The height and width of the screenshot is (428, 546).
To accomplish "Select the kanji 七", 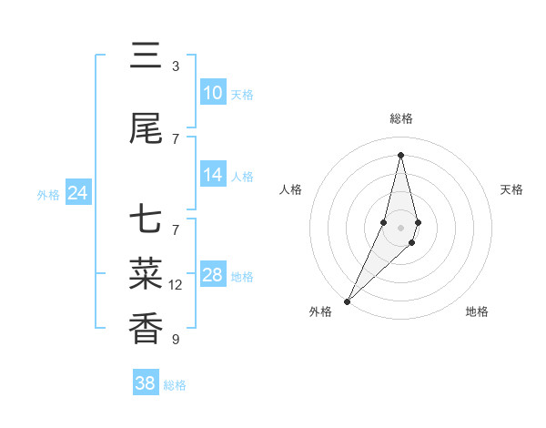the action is (x=146, y=220).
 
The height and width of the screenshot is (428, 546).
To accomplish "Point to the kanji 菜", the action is (x=146, y=274).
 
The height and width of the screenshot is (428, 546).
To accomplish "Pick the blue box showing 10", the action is (x=213, y=93).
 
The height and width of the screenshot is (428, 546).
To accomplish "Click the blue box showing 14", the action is (x=213, y=175).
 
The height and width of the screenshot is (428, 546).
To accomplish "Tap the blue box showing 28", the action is (x=213, y=275).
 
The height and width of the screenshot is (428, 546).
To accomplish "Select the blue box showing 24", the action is (x=78, y=193).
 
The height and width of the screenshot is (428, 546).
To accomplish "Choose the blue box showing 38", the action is (x=146, y=383).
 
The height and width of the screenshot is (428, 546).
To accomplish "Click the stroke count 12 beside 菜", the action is (x=176, y=285).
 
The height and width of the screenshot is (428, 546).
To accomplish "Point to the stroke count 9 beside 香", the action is (x=176, y=340).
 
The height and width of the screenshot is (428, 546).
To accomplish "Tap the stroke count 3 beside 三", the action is (x=176, y=66).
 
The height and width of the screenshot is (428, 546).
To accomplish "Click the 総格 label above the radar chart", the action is (x=400, y=118).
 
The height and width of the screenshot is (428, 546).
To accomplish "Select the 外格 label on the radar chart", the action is (x=320, y=311).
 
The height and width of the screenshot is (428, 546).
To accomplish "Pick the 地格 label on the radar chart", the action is (x=477, y=311).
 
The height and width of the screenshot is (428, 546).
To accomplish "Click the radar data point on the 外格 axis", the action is (x=347, y=301).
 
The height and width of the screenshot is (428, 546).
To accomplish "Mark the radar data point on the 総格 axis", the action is (x=400, y=155).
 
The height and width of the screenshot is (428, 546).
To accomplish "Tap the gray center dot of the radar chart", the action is (x=400, y=227).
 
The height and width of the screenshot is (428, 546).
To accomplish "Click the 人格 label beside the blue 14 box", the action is (x=242, y=176).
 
